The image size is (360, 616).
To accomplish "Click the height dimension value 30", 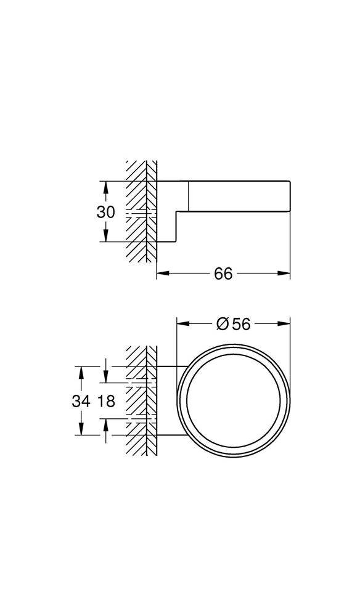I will pyautogui.click(x=106, y=212).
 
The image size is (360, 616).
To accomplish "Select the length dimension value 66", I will pyautogui.click(x=223, y=274).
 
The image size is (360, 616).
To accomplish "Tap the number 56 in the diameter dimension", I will pyautogui.click(x=242, y=323).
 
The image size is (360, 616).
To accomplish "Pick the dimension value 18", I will pyautogui.click(x=106, y=401).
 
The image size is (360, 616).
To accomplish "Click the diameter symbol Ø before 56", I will pyautogui.click(x=223, y=323).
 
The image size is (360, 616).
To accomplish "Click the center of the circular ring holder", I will pyautogui.click(x=234, y=401).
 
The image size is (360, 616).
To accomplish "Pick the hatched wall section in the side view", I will pyautogui.click(x=140, y=213).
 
